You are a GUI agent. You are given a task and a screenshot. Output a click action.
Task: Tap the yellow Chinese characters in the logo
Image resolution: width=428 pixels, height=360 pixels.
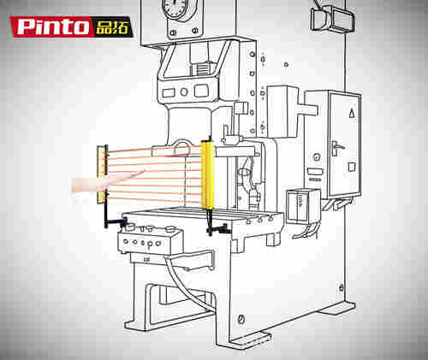pyautogui.click(x=112, y=27)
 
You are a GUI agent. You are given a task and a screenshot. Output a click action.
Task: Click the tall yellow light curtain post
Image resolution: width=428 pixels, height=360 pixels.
pyautogui.click(x=207, y=174)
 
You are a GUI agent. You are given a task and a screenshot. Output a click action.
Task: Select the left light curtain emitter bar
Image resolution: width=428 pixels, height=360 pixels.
pyautogui.click(x=102, y=174)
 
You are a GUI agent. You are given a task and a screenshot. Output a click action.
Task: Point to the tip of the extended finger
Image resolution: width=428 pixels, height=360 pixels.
pyautogui.click(x=144, y=171)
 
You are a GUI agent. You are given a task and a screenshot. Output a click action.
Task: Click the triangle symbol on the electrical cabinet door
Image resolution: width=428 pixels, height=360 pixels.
pyautogui.click(x=352, y=114)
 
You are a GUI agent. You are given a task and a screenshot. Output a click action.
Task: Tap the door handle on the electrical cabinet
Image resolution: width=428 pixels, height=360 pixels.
pyautogui.click(x=336, y=148)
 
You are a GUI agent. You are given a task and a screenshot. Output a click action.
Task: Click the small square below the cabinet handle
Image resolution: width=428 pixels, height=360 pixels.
pyautogui.click(x=352, y=167)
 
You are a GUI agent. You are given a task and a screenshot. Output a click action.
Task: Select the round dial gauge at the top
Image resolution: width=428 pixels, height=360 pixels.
pyautogui.click(x=175, y=9)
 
